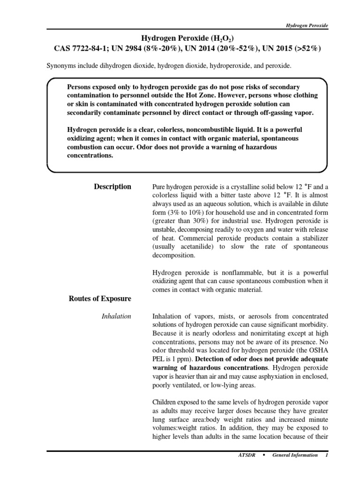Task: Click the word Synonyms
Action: pos(60,67)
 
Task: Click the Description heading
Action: pos(113,187)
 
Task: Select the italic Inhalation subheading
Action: pos(116,316)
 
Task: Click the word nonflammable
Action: pos(226,272)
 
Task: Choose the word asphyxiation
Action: pos(265,377)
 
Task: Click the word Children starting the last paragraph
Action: pos(165,403)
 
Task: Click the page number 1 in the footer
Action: pos(326,455)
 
